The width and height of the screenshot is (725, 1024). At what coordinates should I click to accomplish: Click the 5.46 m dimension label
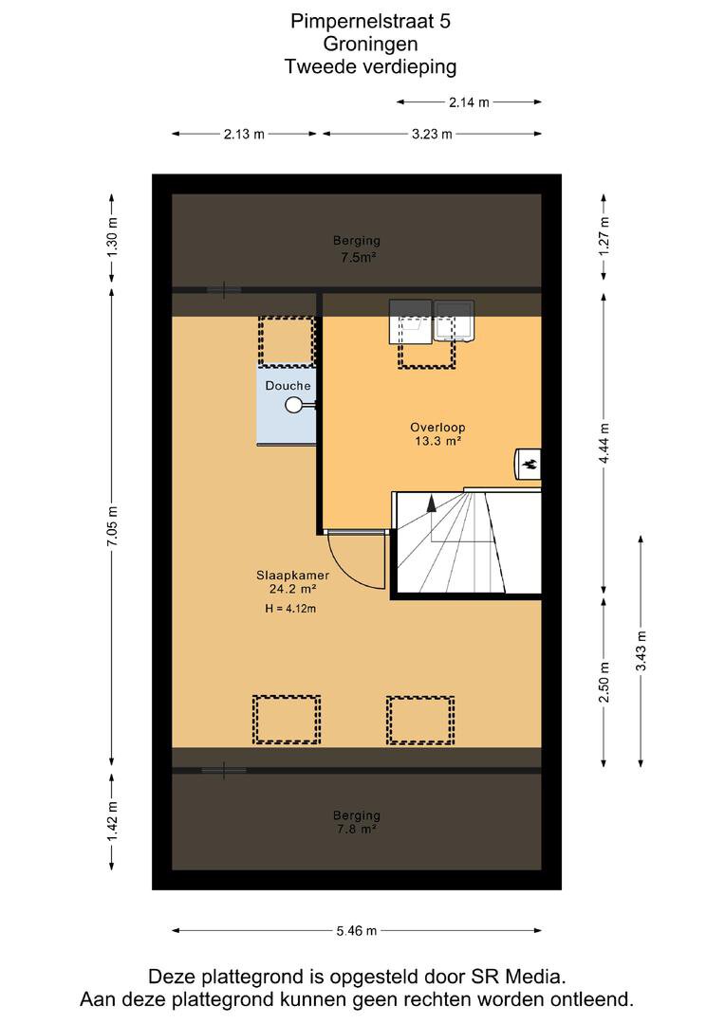356,931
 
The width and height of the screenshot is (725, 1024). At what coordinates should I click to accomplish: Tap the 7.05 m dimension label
112,526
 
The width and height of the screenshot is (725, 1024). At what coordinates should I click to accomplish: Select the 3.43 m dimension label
641,650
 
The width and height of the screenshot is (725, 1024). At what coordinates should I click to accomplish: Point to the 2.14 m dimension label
469,101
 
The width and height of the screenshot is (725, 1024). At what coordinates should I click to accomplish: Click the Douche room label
288,386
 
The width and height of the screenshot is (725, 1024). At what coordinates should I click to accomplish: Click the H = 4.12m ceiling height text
290,609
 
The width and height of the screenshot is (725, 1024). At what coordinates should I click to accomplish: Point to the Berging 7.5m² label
357,248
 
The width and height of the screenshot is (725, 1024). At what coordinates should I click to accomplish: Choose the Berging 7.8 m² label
356,822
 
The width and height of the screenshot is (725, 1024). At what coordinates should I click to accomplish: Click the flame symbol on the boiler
529,465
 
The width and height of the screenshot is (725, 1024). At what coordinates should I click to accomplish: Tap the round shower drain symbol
293,406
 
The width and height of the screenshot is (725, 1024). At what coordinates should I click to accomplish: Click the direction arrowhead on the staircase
431,503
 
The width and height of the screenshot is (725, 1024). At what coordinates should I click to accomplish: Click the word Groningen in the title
370,44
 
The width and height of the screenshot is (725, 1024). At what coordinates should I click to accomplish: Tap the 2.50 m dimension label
604,682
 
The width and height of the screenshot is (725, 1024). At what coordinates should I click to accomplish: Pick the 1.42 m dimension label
112,822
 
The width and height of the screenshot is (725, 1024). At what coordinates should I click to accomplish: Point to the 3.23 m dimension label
432,134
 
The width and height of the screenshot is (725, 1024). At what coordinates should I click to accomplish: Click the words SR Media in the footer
517,977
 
